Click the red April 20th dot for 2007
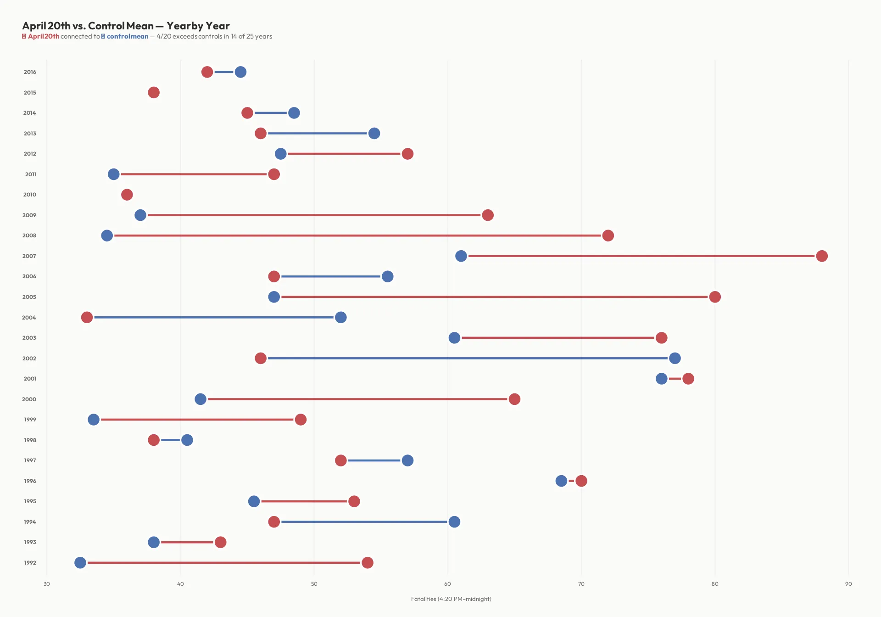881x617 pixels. coord(821,256)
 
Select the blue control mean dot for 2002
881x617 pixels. coord(675,358)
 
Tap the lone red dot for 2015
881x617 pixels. coord(154,92)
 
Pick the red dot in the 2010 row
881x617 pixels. coord(127,195)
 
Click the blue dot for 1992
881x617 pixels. coord(80,562)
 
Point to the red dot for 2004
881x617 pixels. coord(87,317)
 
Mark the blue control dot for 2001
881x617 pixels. coord(661,378)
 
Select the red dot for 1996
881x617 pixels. coord(581,481)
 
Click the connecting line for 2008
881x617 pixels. coord(358,236)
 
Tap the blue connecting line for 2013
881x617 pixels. coord(317,133)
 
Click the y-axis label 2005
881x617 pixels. coord(29,297)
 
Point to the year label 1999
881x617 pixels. coord(30,420)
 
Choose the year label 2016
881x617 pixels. coord(30,72)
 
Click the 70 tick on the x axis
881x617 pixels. coord(581,584)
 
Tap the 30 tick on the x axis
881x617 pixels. coord(47,584)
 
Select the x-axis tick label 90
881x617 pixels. coord(848,584)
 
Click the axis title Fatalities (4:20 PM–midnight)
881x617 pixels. coord(451,599)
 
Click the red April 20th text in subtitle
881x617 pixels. coord(44,37)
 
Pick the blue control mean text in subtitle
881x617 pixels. coord(128,37)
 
